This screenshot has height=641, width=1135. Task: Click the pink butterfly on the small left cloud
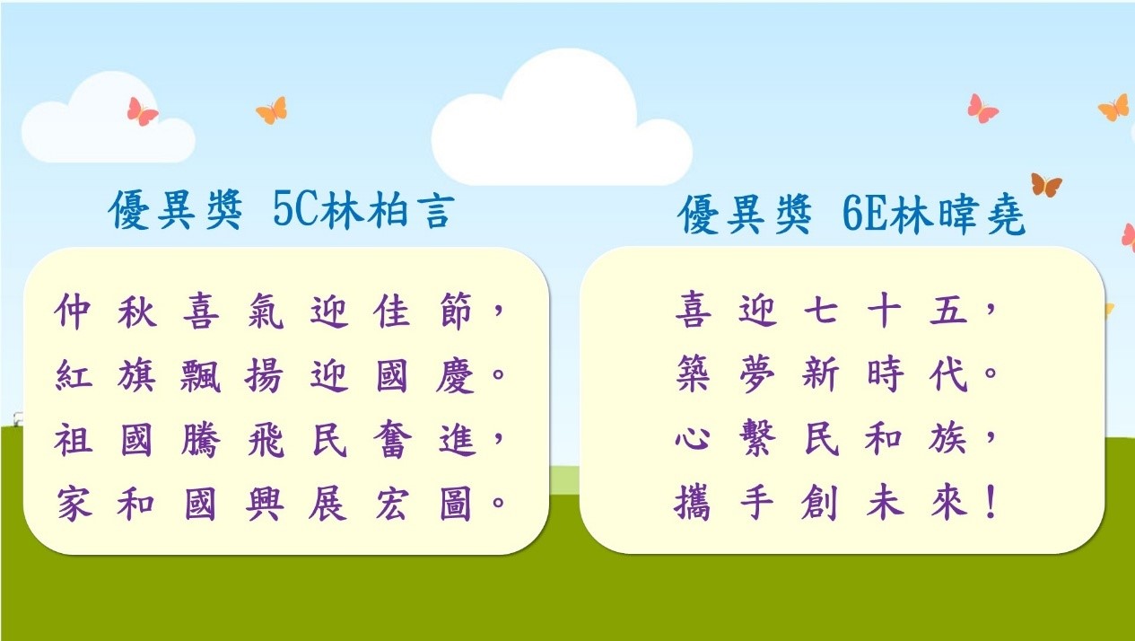[x=143, y=111]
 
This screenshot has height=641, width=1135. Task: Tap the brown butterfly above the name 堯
[x=1046, y=185]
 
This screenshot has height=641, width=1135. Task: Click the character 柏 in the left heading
[x=388, y=210]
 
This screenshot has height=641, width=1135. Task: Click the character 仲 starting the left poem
[x=74, y=311]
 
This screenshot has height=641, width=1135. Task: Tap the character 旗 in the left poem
[x=136, y=376]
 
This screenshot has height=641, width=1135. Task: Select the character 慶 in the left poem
[x=455, y=376]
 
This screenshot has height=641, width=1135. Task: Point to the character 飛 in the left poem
[x=265, y=439]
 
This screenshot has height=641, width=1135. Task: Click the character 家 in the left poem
[x=74, y=503]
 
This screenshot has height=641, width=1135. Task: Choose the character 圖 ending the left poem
[x=455, y=503]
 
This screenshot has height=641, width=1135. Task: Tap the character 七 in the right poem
[x=821, y=309]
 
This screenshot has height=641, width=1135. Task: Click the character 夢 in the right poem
[x=757, y=374]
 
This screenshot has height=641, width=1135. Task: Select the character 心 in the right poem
[x=692, y=438]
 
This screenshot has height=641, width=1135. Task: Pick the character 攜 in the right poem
[x=692, y=503]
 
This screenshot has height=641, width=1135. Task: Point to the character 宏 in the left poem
[x=391, y=503]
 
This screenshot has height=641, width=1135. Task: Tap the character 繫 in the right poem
[x=757, y=438]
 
